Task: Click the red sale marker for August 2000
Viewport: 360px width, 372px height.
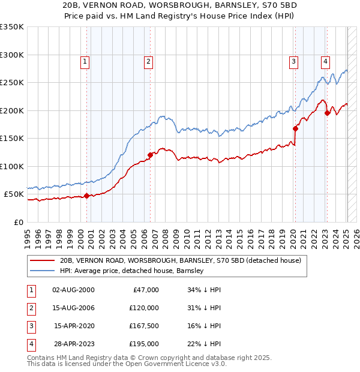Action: tap(86, 196)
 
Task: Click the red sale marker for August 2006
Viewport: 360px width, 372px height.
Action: tap(150, 155)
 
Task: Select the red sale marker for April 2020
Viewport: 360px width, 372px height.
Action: tap(295, 128)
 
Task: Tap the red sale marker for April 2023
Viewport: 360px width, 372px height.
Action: tap(327, 113)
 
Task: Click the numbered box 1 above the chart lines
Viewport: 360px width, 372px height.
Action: tap(85, 61)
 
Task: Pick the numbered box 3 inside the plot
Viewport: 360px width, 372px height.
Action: tap(293, 61)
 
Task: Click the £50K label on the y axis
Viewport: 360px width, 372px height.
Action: tap(14, 194)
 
